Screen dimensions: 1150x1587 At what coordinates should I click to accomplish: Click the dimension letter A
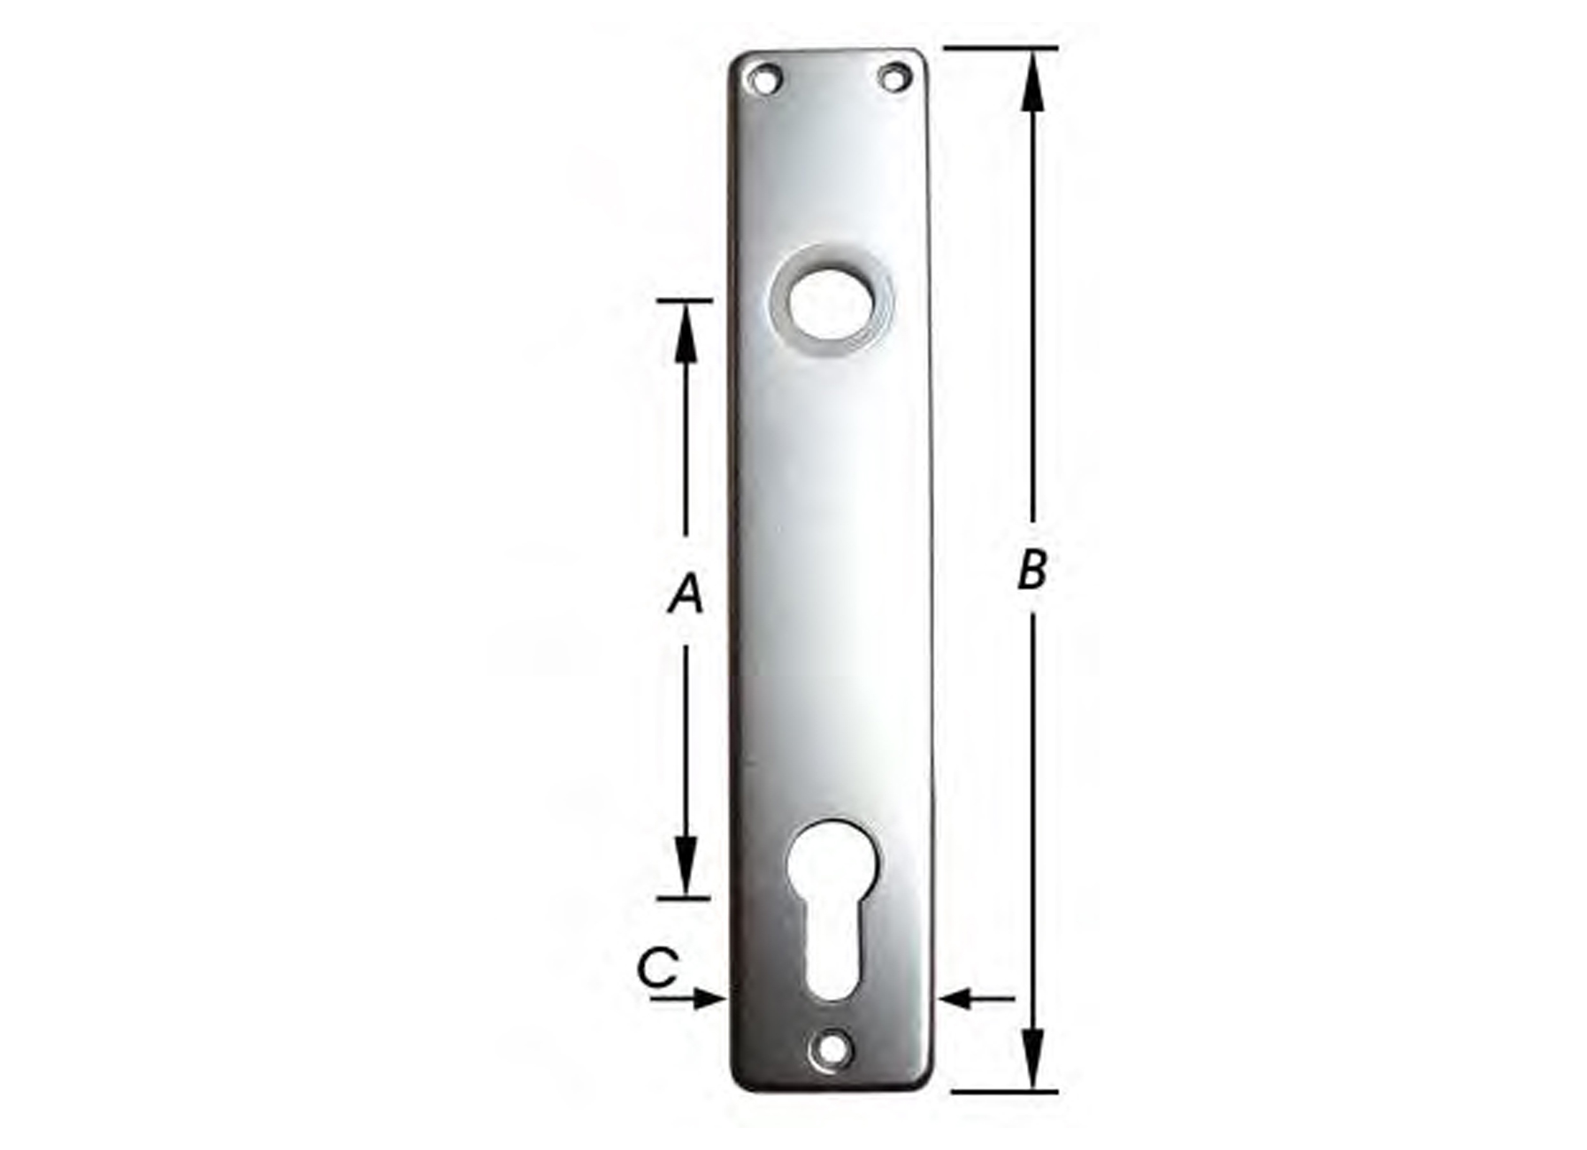(x=686, y=594)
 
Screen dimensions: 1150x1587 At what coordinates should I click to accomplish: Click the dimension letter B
(x=1031, y=570)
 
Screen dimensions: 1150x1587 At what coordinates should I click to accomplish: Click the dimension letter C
(x=657, y=968)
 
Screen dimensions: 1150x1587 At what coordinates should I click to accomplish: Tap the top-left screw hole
(x=763, y=79)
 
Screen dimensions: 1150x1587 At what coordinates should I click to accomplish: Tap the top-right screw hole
(x=895, y=77)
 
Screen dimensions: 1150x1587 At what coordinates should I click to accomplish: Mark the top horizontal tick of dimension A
(x=685, y=302)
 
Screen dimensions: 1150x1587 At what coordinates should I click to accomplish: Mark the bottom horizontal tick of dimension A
(x=684, y=898)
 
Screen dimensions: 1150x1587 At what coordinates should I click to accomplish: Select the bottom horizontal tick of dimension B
(x=1004, y=1092)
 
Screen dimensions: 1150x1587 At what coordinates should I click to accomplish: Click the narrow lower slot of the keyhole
(x=832, y=955)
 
